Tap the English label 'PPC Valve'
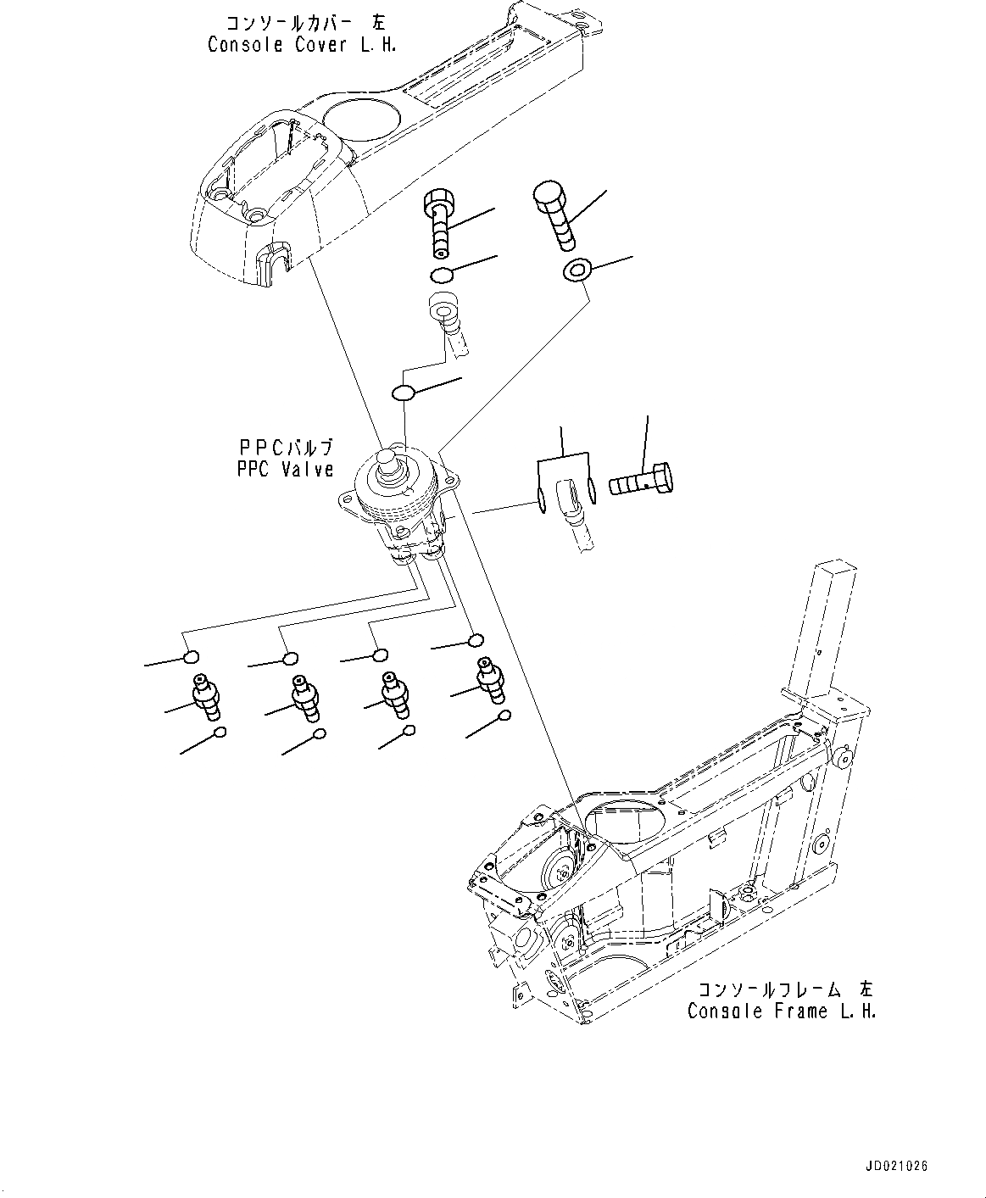pos(285,469)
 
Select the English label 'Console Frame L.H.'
pos(781,1011)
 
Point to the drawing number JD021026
pos(896,1167)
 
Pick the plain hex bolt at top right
pos(554,215)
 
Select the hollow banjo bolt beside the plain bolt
pos(438,220)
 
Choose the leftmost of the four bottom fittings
pos(206,697)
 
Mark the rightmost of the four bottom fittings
pos(490,678)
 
